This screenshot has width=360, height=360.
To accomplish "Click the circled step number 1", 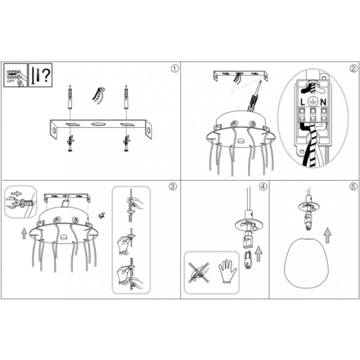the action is tap(175, 68).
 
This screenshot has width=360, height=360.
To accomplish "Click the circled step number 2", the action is tap(353, 68).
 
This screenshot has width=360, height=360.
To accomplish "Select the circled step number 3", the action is tap(173, 186).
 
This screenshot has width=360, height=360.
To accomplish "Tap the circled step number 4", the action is tap(263, 186).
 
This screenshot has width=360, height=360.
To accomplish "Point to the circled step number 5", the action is tap(353, 186).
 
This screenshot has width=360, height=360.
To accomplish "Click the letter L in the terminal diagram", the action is tap(302, 102).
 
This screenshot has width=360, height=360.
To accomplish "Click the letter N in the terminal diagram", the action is tap(323, 102).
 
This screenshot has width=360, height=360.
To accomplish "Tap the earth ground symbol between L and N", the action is tap(313, 101).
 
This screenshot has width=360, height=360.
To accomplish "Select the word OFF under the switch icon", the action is tap(11, 81).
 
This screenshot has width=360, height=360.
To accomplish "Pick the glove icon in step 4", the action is tap(227, 271).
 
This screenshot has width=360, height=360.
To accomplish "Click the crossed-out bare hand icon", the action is tap(199, 272).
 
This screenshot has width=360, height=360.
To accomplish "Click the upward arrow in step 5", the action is tap(328, 236).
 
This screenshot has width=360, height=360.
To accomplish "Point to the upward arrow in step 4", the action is tap(259, 254).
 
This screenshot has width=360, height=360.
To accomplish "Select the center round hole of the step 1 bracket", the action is tap(99, 124).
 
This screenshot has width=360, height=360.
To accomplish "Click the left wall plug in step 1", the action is tap(70, 98).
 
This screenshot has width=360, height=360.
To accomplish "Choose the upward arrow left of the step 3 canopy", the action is tap(24, 233).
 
